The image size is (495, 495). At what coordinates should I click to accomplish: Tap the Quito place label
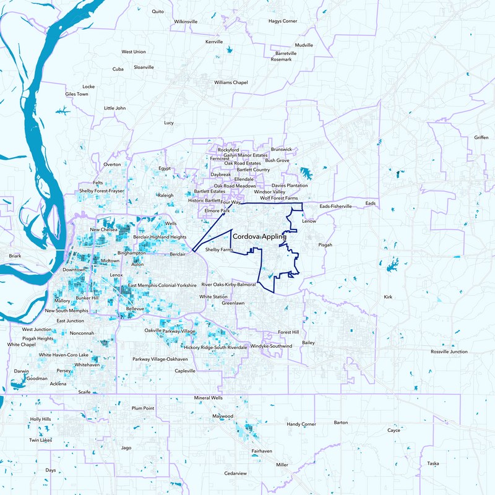pos(158,11)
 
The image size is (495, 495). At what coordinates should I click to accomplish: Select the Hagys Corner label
pos(283,21)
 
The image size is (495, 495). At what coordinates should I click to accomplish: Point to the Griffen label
pos(481,137)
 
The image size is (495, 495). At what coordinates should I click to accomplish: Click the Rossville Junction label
pos(449,351)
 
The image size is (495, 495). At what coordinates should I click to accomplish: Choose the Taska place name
pos(433,463)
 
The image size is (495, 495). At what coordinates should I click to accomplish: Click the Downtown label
pos(74,270)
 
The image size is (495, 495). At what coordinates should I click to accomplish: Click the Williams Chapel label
pos(231,82)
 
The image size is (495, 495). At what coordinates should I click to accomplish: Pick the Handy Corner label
pos(301,424)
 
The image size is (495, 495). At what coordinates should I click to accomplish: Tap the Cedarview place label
pos(236,473)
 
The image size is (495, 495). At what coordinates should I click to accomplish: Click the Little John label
pos(114,108)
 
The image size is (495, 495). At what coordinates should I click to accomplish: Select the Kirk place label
pos(388,298)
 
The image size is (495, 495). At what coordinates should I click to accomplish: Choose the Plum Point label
pos(143,408)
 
